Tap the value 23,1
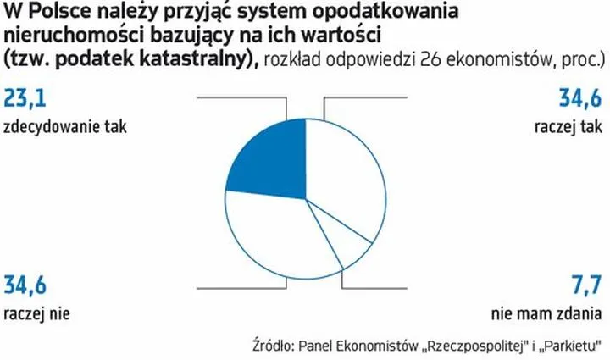pyautogui.click(x=25, y=101)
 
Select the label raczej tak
pyautogui.click(x=568, y=129)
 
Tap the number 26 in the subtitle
pyautogui.click(x=439, y=60)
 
